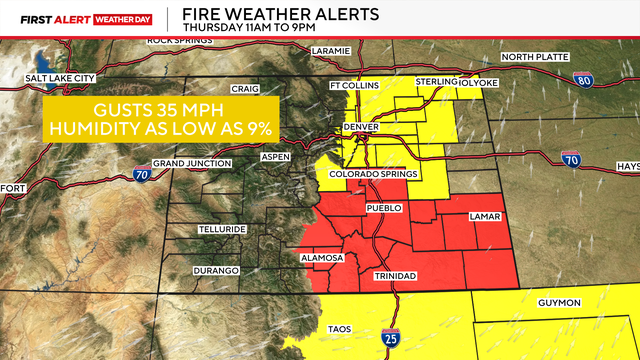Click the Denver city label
coord(363,129)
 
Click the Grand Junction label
coord(192,163)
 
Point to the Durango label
coord(217,271)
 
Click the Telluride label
coord(221,229)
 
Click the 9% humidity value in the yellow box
coord(257,126)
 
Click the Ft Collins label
coord(356,86)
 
